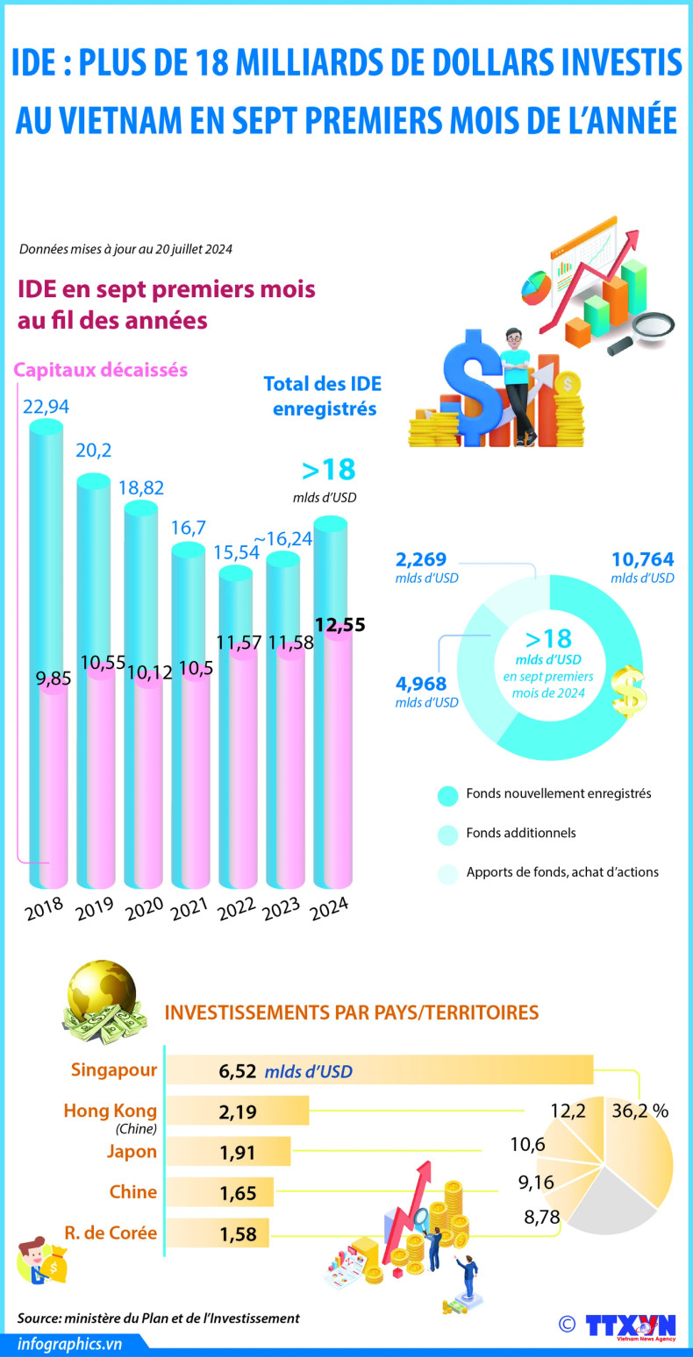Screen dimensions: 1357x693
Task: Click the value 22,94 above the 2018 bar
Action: (x=46, y=407)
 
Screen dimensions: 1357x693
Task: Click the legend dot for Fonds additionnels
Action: (x=447, y=834)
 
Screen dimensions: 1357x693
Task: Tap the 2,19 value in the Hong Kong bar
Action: (x=237, y=1112)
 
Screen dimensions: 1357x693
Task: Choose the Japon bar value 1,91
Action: (x=237, y=1152)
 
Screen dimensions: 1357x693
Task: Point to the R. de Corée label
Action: (x=111, y=1232)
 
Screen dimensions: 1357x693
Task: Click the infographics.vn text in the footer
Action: (x=70, y=1343)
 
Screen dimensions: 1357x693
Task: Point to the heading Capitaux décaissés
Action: (x=101, y=370)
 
